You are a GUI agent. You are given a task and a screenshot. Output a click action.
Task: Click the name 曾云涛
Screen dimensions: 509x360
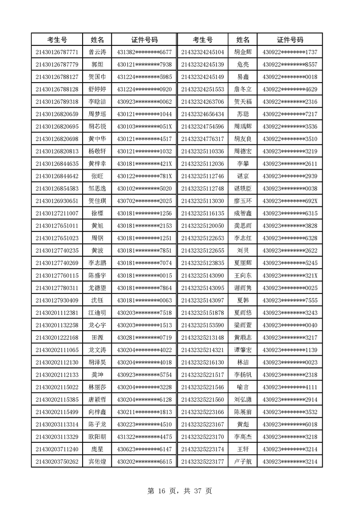(97, 52)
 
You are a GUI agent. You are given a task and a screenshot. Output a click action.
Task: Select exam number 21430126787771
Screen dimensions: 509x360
(57, 52)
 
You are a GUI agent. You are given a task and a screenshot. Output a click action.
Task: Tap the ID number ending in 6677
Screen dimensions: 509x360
(144, 52)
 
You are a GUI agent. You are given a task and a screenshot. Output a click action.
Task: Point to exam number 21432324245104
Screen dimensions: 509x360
(202, 52)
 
